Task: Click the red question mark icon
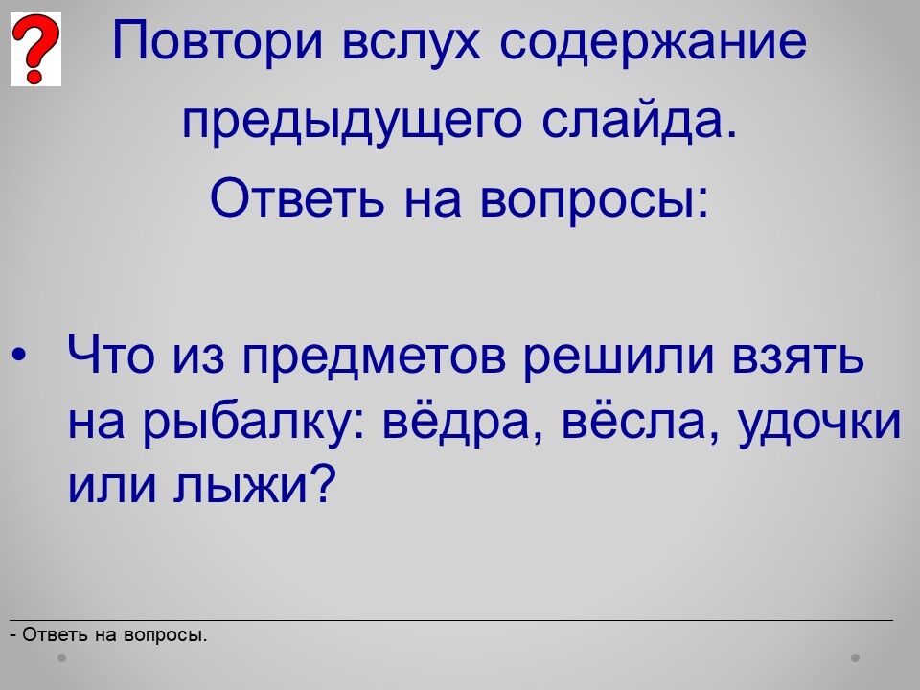(35, 49)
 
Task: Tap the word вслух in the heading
(411, 41)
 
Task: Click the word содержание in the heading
(654, 41)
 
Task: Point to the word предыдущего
(352, 121)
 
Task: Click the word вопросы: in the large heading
(594, 199)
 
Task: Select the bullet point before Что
(19, 355)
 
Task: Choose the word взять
(798, 356)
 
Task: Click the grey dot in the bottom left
(61, 657)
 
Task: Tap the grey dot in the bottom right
(856, 657)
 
